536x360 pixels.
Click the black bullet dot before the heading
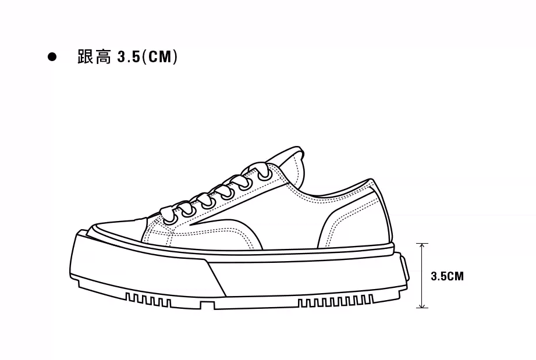52,57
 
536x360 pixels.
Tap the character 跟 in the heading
86,57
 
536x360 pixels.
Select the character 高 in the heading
103,57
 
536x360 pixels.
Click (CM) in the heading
159,57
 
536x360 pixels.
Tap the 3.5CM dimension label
447,276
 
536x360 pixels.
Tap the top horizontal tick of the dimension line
423,244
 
